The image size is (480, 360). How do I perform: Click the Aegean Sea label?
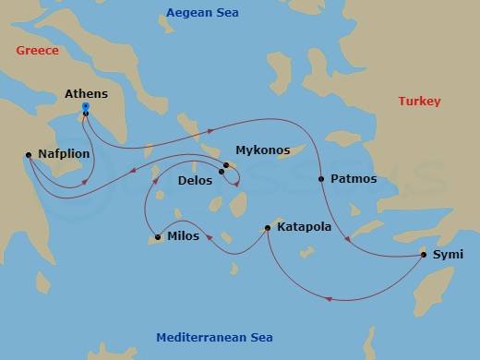pos(200,12)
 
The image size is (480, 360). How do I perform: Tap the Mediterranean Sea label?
pos(214,337)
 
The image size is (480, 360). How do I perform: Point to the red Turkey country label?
pos(419,101)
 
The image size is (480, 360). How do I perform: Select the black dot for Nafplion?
pos(30,154)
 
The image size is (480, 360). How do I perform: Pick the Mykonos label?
pos(262,150)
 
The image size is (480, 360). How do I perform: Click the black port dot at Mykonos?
pos(226,165)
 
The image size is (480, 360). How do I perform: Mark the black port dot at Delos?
pos(222,172)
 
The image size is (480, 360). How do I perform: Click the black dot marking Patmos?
pos(320,178)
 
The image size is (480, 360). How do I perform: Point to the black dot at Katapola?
pos(268,227)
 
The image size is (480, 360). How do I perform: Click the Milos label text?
pos(183,237)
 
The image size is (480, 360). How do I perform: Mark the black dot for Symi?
pos(424,253)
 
